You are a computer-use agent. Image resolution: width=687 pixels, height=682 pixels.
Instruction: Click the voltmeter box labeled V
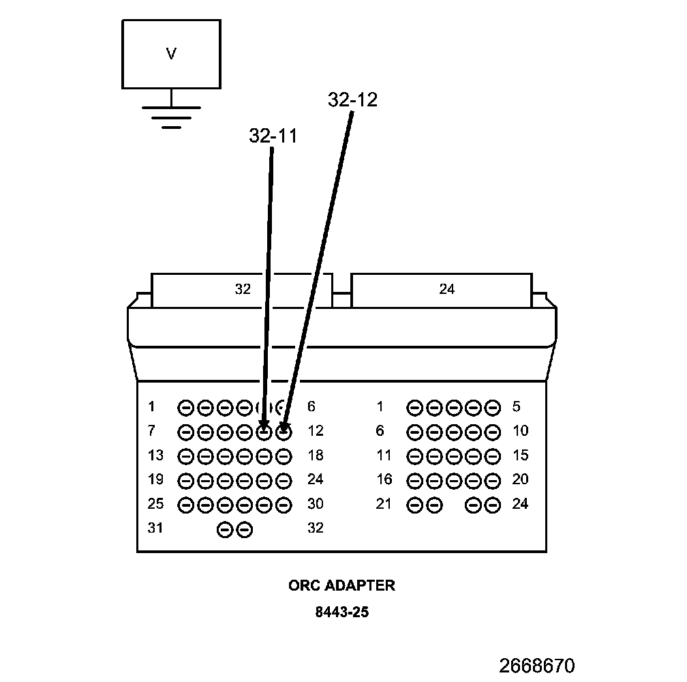point(171,54)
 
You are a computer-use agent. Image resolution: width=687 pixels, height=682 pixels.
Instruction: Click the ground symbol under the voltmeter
point(171,116)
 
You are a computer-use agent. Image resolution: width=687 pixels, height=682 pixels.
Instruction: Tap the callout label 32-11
point(273,136)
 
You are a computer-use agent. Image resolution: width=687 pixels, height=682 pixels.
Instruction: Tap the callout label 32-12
point(352,100)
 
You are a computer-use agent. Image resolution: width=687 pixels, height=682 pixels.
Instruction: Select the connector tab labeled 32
point(242,289)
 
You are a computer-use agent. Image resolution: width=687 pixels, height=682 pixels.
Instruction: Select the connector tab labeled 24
point(446,289)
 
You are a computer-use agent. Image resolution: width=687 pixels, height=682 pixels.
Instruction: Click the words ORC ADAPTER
point(341,585)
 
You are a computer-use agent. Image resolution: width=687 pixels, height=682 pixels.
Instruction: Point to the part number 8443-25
point(341,612)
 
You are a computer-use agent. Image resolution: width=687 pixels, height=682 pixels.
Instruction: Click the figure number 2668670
point(537,665)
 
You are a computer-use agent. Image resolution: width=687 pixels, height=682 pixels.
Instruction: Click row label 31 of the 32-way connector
point(155,528)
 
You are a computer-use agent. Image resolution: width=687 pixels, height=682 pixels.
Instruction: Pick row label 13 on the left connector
point(155,455)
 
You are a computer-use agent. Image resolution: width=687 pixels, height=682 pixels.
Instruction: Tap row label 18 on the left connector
point(315,455)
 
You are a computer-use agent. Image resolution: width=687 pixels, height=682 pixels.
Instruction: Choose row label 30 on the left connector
point(315,504)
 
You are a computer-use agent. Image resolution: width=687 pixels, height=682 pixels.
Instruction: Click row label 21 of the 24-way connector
point(384,504)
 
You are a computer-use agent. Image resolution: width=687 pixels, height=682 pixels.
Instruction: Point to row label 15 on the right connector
point(520,455)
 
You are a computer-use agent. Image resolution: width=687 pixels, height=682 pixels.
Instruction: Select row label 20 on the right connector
point(520,479)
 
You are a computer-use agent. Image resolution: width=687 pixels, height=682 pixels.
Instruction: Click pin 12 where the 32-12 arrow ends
point(284,432)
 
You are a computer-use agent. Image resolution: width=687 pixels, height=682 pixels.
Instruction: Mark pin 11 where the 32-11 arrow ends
point(264,432)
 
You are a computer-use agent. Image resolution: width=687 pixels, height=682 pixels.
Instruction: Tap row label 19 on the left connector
point(155,479)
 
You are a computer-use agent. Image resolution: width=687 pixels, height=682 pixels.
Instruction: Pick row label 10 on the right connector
point(520,431)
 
